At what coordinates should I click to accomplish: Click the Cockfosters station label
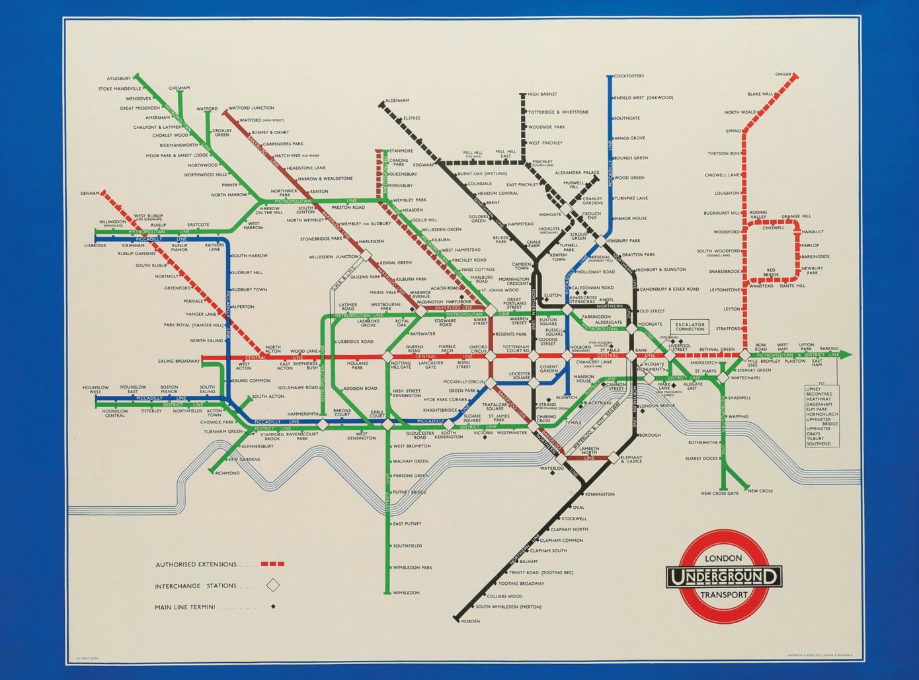(x=629, y=76)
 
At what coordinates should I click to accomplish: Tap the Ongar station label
(x=783, y=74)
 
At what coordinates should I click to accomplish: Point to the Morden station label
(x=470, y=621)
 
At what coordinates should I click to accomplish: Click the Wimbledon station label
(x=407, y=593)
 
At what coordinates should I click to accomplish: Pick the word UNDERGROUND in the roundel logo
(x=723, y=577)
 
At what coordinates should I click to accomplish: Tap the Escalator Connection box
(x=690, y=326)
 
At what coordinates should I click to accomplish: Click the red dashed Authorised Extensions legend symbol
(x=272, y=564)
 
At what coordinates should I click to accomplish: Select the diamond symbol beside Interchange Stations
(x=272, y=585)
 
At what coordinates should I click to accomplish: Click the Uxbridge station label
(x=95, y=245)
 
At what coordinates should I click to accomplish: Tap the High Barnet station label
(x=542, y=94)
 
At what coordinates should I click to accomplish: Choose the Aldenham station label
(x=397, y=100)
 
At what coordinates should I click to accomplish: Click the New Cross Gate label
(x=719, y=494)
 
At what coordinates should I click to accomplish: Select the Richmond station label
(x=227, y=473)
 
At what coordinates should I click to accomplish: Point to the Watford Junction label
(x=251, y=108)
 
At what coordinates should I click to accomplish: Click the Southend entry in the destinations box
(x=819, y=443)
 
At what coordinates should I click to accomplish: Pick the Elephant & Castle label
(x=631, y=459)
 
